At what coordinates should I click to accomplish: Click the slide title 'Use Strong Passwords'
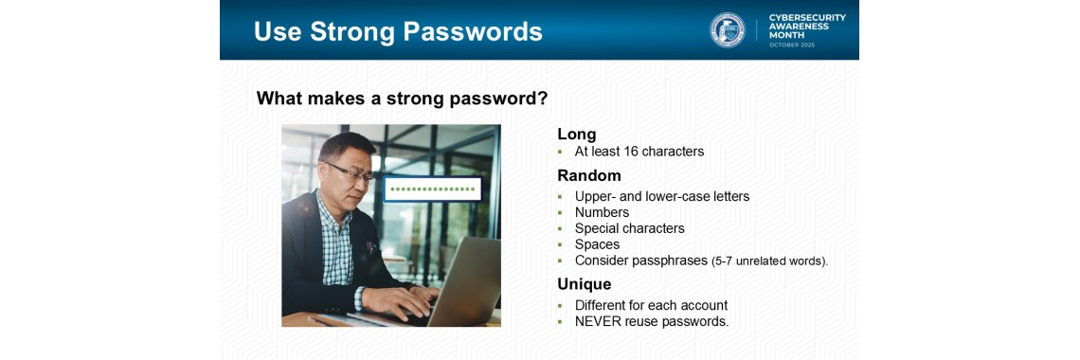pyautogui.click(x=398, y=31)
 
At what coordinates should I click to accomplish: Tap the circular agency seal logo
pyautogui.click(x=728, y=30)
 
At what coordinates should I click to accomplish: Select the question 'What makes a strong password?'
pyautogui.click(x=402, y=99)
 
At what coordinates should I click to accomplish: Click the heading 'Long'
pyautogui.click(x=576, y=135)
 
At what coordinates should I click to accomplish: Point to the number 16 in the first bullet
pyautogui.click(x=631, y=152)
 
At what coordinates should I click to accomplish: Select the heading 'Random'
pyautogui.click(x=588, y=175)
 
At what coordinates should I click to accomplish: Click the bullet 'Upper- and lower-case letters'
pyautogui.click(x=661, y=197)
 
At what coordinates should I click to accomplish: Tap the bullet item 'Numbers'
pyautogui.click(x=602, y=213)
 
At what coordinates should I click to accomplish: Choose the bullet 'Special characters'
pyautogui.click(x=629, y=228)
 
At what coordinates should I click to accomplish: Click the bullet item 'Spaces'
pyautogui.click(x=597, y=244)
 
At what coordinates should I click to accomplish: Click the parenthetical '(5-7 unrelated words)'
pyautogui.click(x=769, y=261)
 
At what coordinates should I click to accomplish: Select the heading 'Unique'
pyautogui.click(x=584, y=284)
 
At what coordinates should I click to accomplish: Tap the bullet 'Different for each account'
pyautogui.click(x=651, y=305)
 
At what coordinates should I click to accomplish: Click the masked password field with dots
pyautogui.click(x=432, y=189)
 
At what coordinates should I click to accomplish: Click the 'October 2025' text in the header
pyautogui.click(x=791, y=45)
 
